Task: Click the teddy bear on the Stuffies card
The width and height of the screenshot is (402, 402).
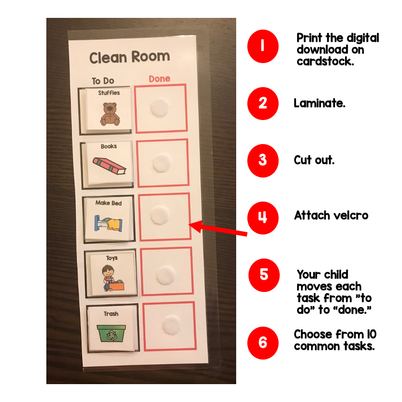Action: tap(110, 114)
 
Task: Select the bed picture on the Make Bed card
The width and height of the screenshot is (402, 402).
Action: tap(108, 223)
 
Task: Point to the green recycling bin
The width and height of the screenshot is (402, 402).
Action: tap(112, 333)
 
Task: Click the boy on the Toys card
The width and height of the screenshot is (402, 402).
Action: tap(108, 278)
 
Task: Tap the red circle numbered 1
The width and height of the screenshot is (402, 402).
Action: tap(263, 46)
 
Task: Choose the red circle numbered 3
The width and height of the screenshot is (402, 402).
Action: tap(263, 160)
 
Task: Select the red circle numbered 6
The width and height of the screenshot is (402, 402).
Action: tap(263, 343)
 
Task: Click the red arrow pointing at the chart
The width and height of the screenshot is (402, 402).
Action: tap(218, 228)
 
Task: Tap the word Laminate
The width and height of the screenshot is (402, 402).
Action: tap(319, 103)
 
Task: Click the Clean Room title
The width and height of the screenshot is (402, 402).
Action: tap(130, 57)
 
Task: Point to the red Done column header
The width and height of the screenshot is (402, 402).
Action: tap(160, 79)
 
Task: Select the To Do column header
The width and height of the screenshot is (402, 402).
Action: tap(103, 81)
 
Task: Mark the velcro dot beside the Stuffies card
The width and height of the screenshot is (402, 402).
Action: tap(160, 108)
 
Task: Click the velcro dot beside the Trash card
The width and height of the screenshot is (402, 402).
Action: tap(171, 325)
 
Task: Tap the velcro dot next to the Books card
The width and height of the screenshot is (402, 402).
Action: tap(161, 163)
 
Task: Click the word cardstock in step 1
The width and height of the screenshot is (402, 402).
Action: tap(326, 61)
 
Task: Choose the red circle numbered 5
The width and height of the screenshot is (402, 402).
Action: tap(264, 275)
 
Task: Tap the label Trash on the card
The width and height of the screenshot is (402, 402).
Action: tap(111, 314)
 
